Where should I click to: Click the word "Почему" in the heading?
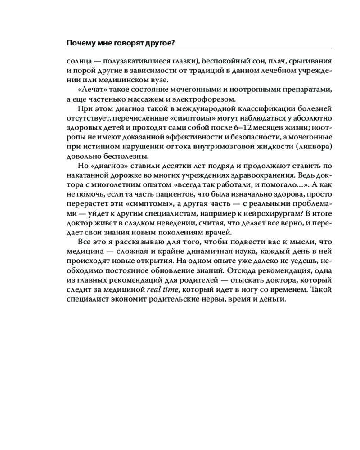tap(80, 43)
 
